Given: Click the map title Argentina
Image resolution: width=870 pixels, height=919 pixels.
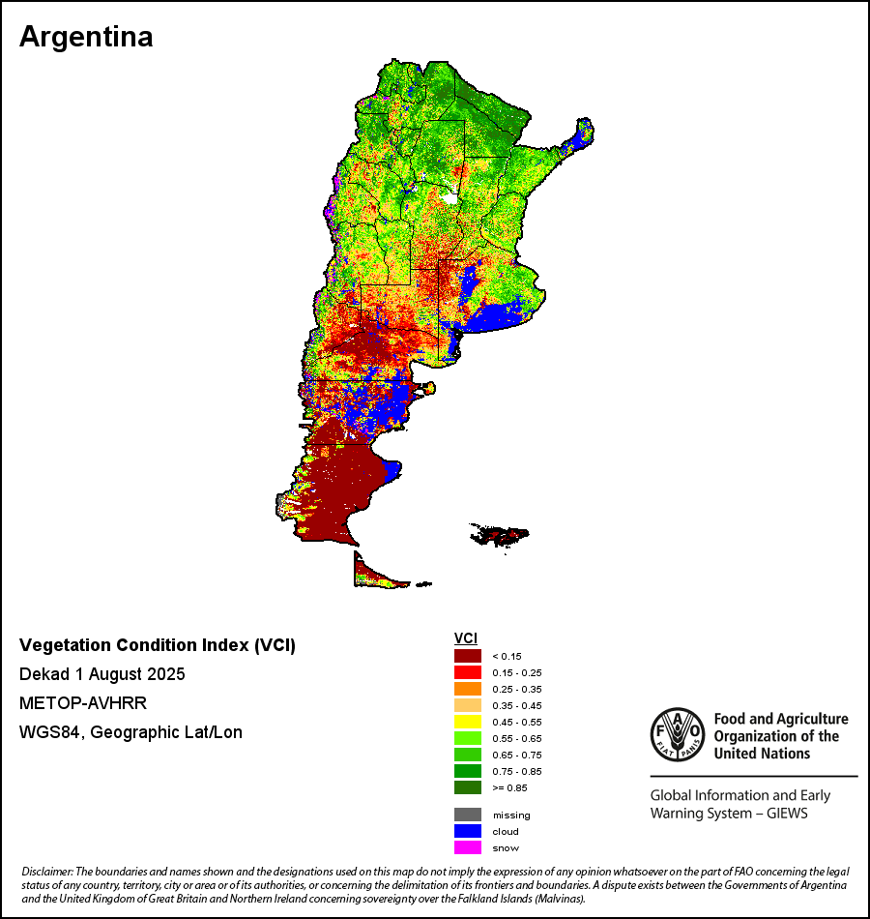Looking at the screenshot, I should (x=86, y=37).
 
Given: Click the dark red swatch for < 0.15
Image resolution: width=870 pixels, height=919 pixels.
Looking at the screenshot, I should (x=468, y=656).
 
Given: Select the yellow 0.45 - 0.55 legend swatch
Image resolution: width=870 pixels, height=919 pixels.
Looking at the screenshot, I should (x=468, y=722).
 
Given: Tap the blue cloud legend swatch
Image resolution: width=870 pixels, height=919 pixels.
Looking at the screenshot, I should (x=468, y=831).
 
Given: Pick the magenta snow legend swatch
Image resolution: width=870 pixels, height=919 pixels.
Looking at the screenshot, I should (x=468, y=847).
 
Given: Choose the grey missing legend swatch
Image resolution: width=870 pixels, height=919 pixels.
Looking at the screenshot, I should (x=468, y=815).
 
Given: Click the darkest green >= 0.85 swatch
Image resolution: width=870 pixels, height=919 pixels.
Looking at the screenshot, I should (x=468, y=787).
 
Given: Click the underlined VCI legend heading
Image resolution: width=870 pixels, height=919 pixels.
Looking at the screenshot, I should (x=465, y=638).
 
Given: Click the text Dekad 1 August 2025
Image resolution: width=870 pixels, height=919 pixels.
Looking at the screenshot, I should (x=101, y=673).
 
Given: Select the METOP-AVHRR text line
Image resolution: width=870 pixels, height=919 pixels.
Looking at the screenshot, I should (x=82, y=702).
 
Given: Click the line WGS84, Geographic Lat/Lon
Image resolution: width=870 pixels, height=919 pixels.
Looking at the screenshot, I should (x=130, y=731).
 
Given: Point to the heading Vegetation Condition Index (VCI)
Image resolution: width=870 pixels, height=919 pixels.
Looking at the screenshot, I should (x=158, y=645).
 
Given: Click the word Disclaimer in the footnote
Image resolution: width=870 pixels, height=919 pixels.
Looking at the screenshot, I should (x=46, y=873).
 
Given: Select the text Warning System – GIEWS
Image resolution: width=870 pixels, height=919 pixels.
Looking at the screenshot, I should (x=729, y=814).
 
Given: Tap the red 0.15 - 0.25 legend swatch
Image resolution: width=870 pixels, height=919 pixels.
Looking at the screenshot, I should (x=468, y=672).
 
